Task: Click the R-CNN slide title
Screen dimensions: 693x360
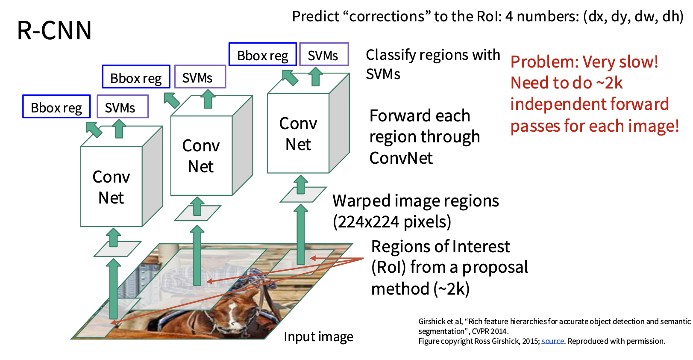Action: pyautogui.click(x=54, y=30)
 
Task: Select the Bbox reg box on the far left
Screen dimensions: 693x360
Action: pyautogui.click(x=57, y=106)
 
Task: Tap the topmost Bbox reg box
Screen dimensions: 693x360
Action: pyautogui.click(x=263, y=54)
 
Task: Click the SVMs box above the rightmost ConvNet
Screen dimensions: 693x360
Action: pyautogui.click(x=324, y=54)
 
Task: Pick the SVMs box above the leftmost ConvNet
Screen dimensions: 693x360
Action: pyautogui.click(x=123, y=106)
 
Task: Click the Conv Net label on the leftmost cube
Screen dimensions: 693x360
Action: pyautogui.click(x=111, y=187)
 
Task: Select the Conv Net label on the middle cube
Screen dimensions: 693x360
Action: pyautogui.click(x=201, y=156)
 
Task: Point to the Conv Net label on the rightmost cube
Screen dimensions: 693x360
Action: pyautogui.click(x=298, y=133)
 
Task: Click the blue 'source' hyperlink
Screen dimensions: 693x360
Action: pyautogui.click(x=552, y=341)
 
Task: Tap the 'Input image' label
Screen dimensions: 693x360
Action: pyautogui.click(x=318, y=337)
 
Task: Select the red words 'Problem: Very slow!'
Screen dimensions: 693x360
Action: pyautogui.click(x=584, y=62)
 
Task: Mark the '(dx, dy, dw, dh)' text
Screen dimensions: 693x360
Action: pyautogui.click(x=633, y=16)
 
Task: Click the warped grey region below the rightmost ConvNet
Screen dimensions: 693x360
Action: pyautogui.click(x=303, y=195)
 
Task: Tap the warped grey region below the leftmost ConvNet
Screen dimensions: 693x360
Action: pyautogui.click(x=117, y=249)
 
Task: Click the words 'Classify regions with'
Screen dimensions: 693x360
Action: pyautogui.click(x=433, y=55)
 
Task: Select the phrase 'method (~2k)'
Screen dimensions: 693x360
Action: pyautogui.click(x=420, y=289)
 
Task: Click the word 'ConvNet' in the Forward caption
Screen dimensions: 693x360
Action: pyautogui.click(x=401, y=158)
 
